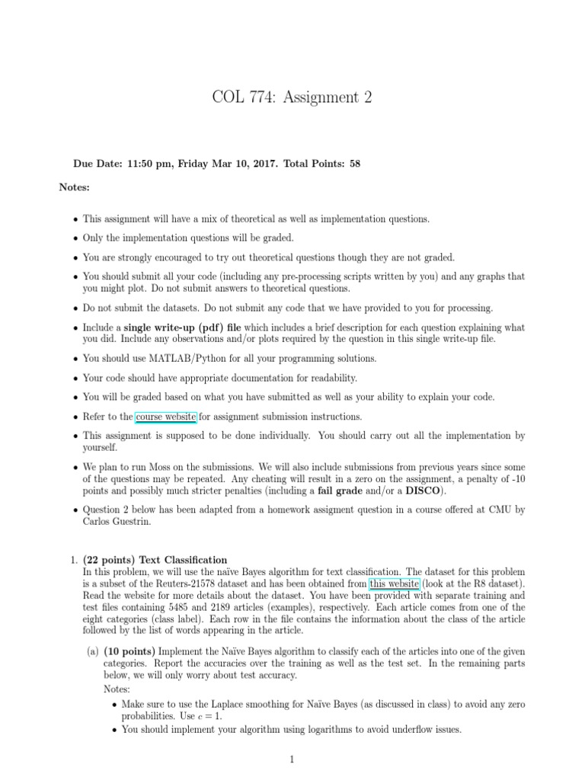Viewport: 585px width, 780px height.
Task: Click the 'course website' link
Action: (x=166, y=417)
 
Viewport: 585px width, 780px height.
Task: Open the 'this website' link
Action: (x=394, y=584)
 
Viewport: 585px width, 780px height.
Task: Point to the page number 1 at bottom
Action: (x=292, y=759)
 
